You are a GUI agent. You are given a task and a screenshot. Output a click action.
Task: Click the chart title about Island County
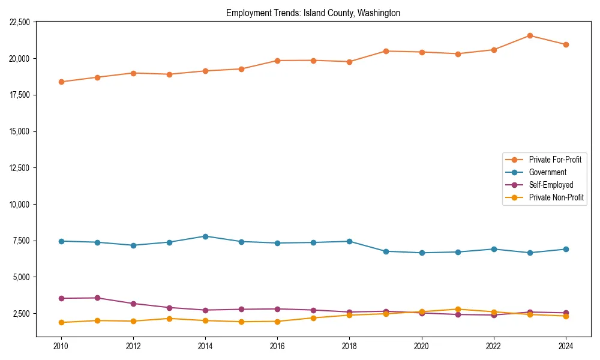(313, 13)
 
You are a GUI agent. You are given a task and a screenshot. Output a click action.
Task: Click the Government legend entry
(547, 172)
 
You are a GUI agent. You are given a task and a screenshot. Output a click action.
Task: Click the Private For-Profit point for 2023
(530, 35)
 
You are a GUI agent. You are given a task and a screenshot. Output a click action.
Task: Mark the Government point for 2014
(205, 236)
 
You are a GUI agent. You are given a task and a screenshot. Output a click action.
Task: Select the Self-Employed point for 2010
(61, 298)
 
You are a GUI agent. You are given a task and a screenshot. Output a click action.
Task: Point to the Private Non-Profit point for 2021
(458, 310)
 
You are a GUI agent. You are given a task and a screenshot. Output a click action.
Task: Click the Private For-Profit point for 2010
(61, 82)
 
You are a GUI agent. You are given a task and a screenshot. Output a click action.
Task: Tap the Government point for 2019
(386, 251)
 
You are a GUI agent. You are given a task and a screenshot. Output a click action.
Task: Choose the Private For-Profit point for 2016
(277, 61)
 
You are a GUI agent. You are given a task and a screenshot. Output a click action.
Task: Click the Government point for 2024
(566, 249)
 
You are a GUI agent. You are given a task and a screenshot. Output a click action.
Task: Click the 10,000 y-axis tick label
(20, 205)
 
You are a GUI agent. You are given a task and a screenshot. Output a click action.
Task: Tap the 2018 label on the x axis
(349, 346)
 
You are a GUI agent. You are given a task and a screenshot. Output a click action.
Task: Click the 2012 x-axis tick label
(133, 346)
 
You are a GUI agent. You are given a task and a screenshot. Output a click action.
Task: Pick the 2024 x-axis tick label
(566, 346)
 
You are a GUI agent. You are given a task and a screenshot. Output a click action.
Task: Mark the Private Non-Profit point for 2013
(169, 319)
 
